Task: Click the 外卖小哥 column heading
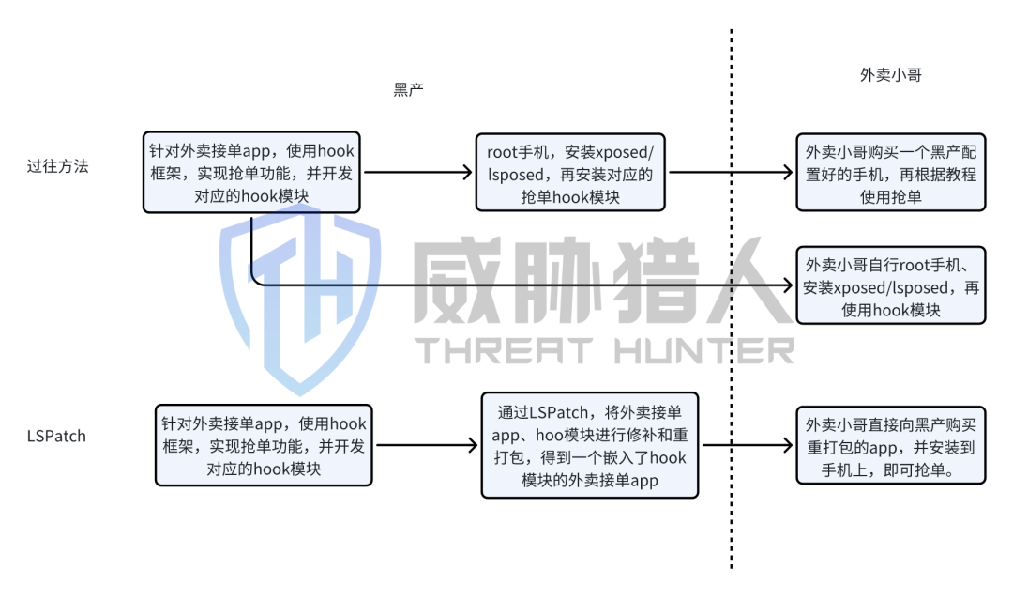click(x=890, y=74)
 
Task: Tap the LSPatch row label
click(x=57, y=436)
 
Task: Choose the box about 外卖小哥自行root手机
click(x=890, y=285)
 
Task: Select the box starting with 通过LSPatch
click(x=590, y=445)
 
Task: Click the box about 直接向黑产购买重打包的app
click(x=890, y=445)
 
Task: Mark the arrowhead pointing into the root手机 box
click(x=469, y=173)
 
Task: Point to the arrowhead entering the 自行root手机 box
click(x=789, y=283)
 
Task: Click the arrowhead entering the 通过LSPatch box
click(x=475, y=446)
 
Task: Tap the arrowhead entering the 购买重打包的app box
click(x=789, y=446)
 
